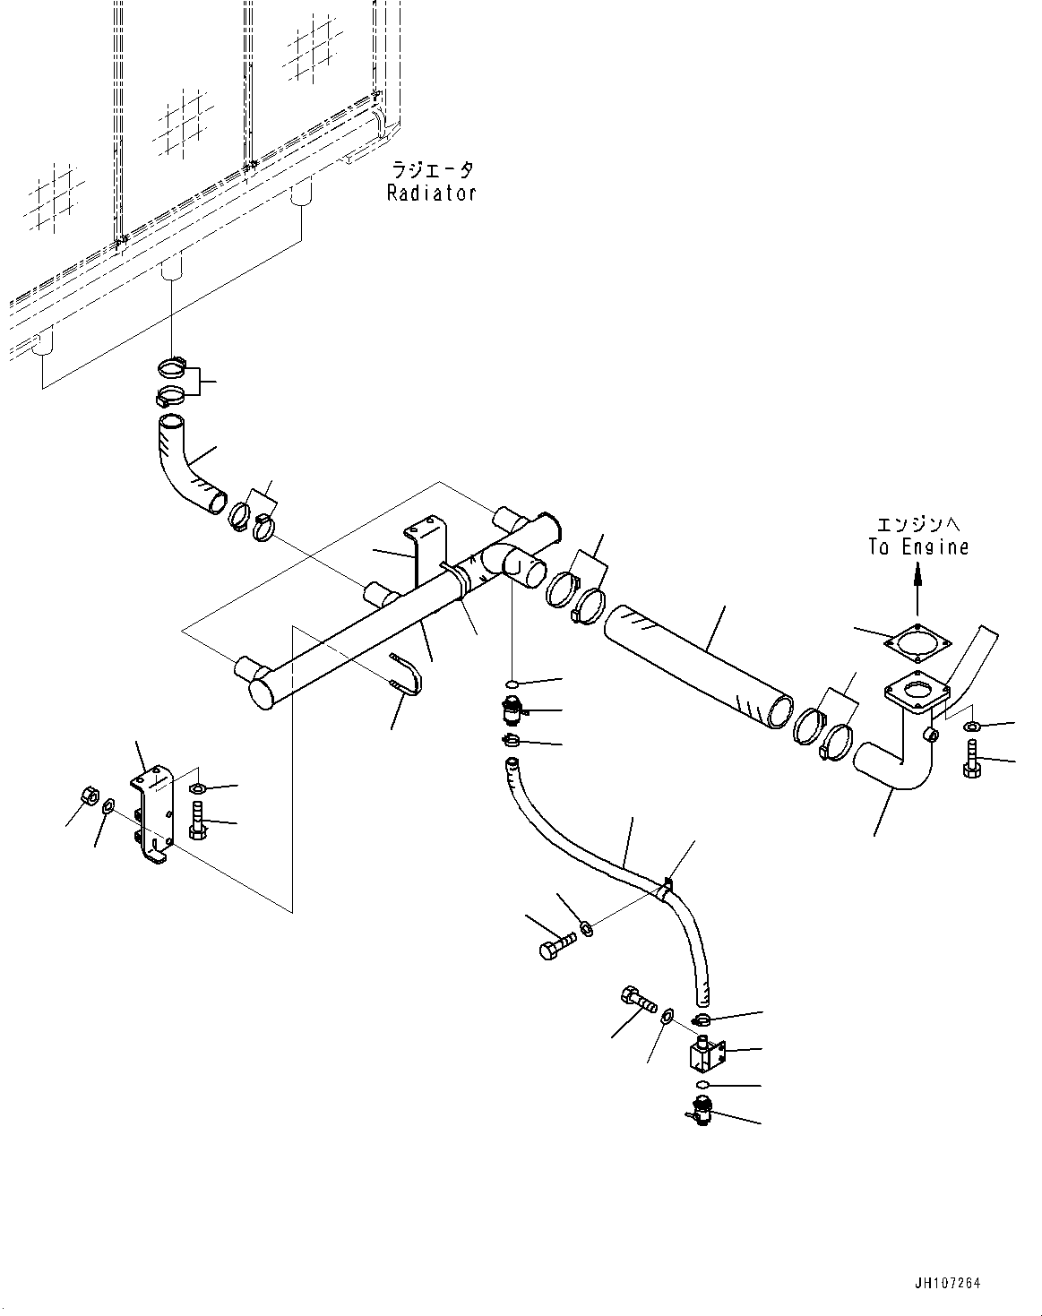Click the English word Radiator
pyautogui.click(x=431, y=193)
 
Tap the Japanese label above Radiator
pyautogui.click(x=431, y=169)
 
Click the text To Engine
pyautogui.click(x=918, y=546)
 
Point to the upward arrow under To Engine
pyautogui.click(x=917, y=591)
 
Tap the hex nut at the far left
pyautogui.click(x=90, y=794)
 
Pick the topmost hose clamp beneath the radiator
pyautogui.click(x=173, y=367)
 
